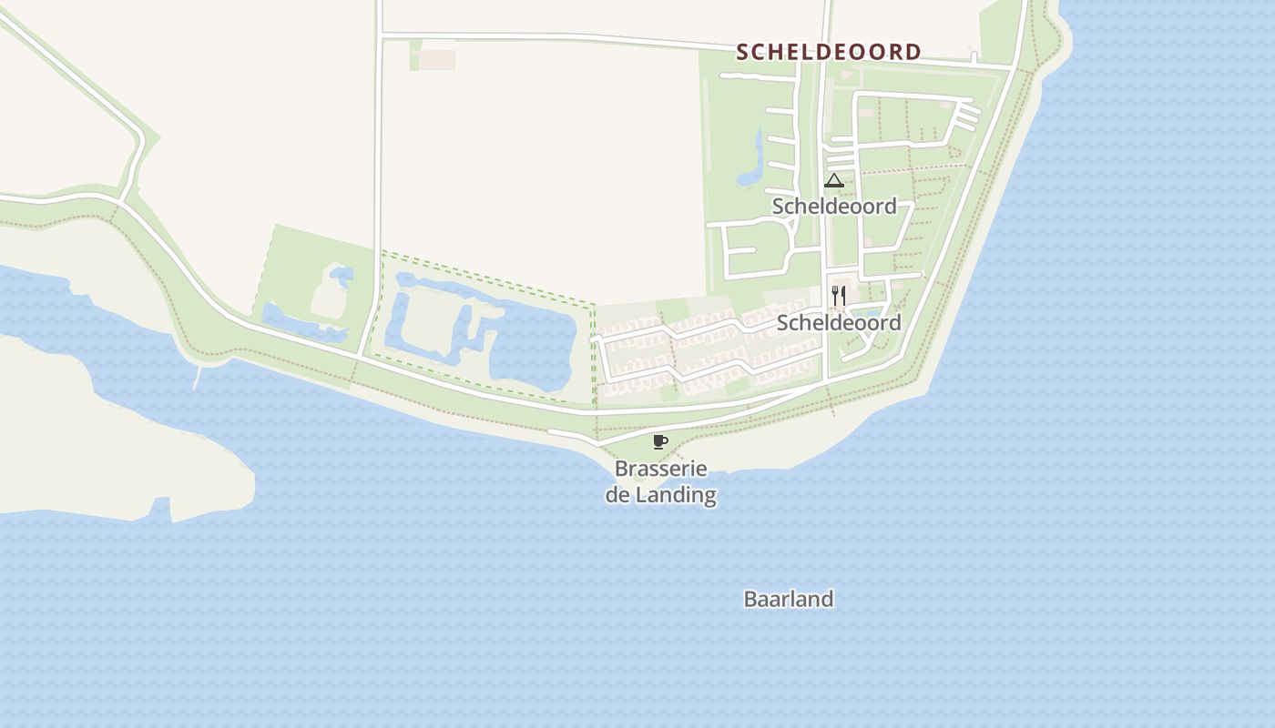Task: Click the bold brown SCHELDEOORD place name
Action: [829, 52]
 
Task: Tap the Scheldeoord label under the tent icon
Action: [834, 207]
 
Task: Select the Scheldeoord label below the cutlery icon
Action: [839, 323]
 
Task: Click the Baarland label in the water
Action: [789, 600]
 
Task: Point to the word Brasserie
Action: [661, 470]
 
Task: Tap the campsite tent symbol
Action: [834, 180]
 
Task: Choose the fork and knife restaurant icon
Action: [839, 296]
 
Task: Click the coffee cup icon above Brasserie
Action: [660, 442]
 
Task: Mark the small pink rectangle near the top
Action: [436, 60]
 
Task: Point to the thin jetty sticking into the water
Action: [197, 376]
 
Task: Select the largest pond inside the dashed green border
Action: [533, 350]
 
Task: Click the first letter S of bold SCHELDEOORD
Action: [742, 52]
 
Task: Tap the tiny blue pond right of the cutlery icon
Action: [865, 314]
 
